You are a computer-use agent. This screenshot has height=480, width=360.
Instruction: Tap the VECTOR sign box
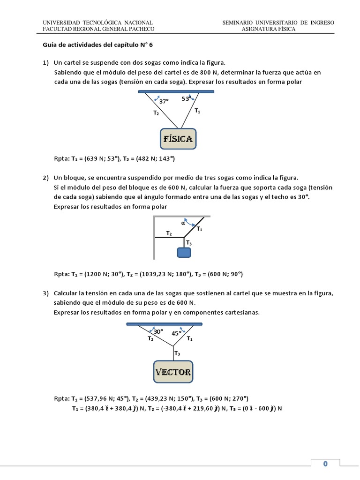click(x=173, y=372)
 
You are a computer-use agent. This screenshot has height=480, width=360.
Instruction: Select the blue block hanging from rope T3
click(x=184, y=253)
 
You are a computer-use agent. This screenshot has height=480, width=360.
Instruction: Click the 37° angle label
click(x=164, y=101)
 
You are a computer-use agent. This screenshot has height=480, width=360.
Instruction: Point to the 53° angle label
click(x=186, y=99)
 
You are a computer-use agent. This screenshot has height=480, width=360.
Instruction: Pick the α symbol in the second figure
click(x=183, y=223)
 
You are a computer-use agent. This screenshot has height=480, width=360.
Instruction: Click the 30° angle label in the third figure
click(x=158, y=331)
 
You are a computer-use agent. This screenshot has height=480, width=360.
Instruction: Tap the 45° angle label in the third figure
click(x=176, y=334)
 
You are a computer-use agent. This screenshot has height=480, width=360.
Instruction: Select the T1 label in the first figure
click(x=197, y=111)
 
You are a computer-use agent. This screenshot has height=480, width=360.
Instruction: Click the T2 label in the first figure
click(x=156, y=113)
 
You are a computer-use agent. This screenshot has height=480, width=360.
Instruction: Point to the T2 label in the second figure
click(x=169, y=233)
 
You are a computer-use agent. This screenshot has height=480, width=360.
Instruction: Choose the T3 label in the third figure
click(x=177, y=353)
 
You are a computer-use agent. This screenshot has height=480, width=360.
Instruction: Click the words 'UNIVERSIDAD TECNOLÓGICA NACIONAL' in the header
click(x=97, y=22)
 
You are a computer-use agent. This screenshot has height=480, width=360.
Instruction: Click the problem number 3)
click(x=46, y=293)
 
